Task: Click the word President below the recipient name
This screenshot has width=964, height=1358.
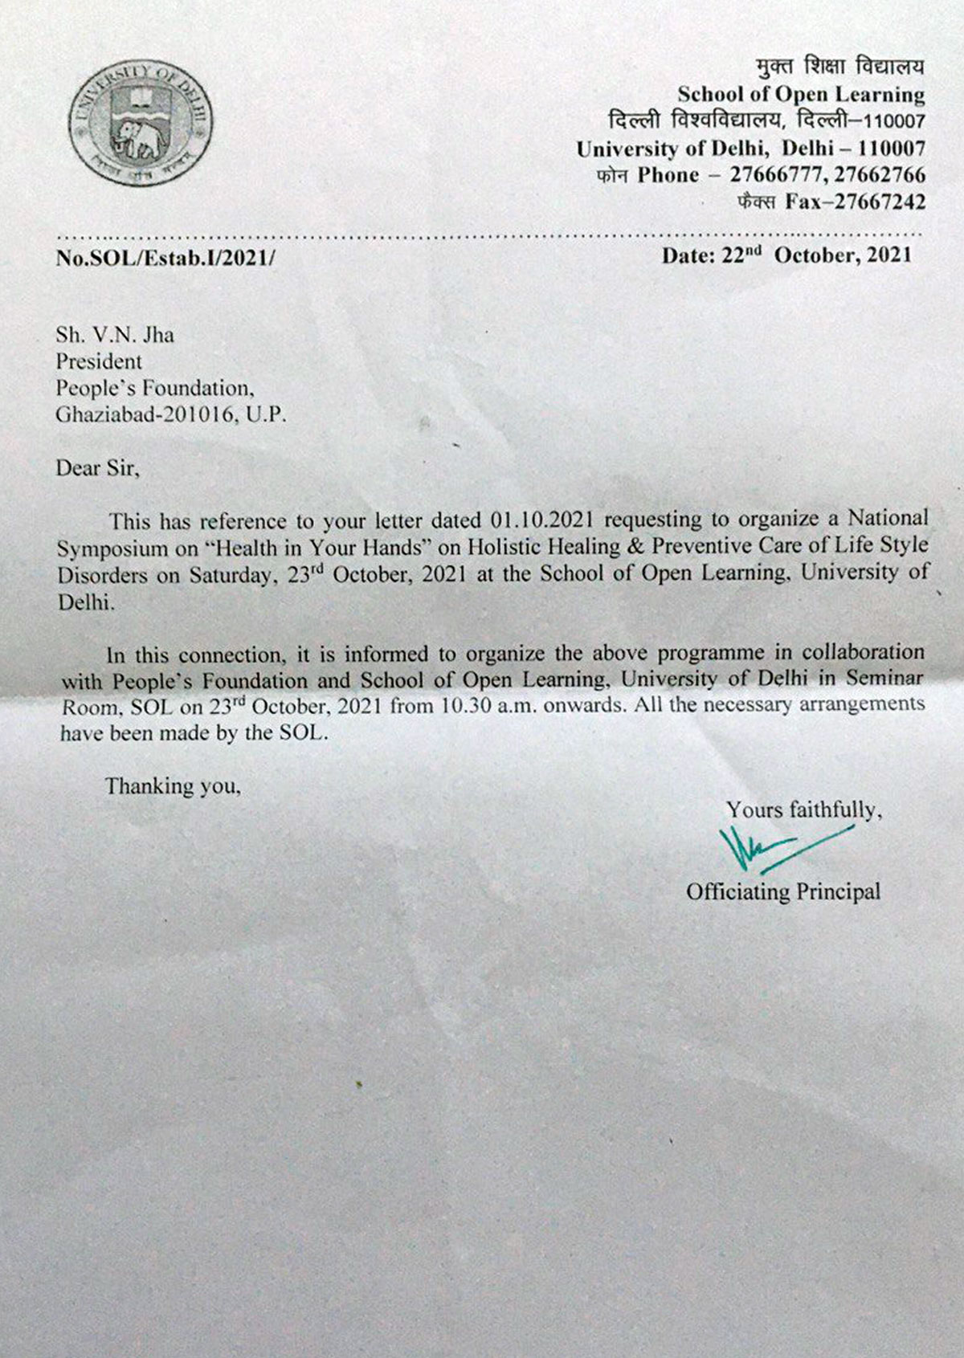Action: click(x=98, y=361)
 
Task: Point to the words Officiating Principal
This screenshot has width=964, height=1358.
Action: click(x=783, y=891)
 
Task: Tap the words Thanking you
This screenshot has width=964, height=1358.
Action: click(x=174, y=785)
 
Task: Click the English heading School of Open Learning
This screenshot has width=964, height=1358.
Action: click(x=801, y=95)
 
